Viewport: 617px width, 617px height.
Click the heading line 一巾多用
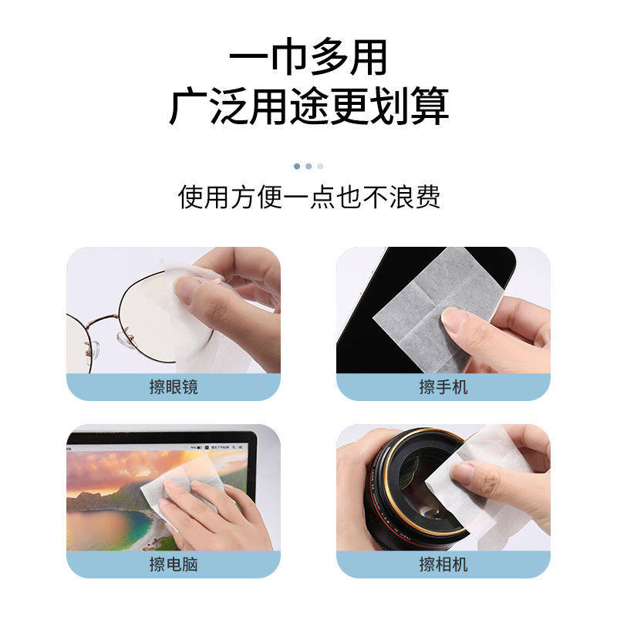pyautogui.click(x=308, y=59)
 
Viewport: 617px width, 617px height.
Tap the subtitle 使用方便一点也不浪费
pyautogui.click(x=308, y=197)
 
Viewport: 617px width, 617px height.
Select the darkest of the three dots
pyautogui.click(x=297, y=166)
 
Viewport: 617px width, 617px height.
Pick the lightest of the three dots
pyautogui.click(x=320, y=166)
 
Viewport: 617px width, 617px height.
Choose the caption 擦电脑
pyautogui.click(x=174, y=564)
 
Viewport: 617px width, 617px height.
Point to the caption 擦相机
pyautogui.click(x=443, y=564)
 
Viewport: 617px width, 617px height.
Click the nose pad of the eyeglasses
pyautogui.click(x=123, y=336)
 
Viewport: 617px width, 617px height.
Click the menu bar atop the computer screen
pyautogui.click(x=162, y=446)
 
